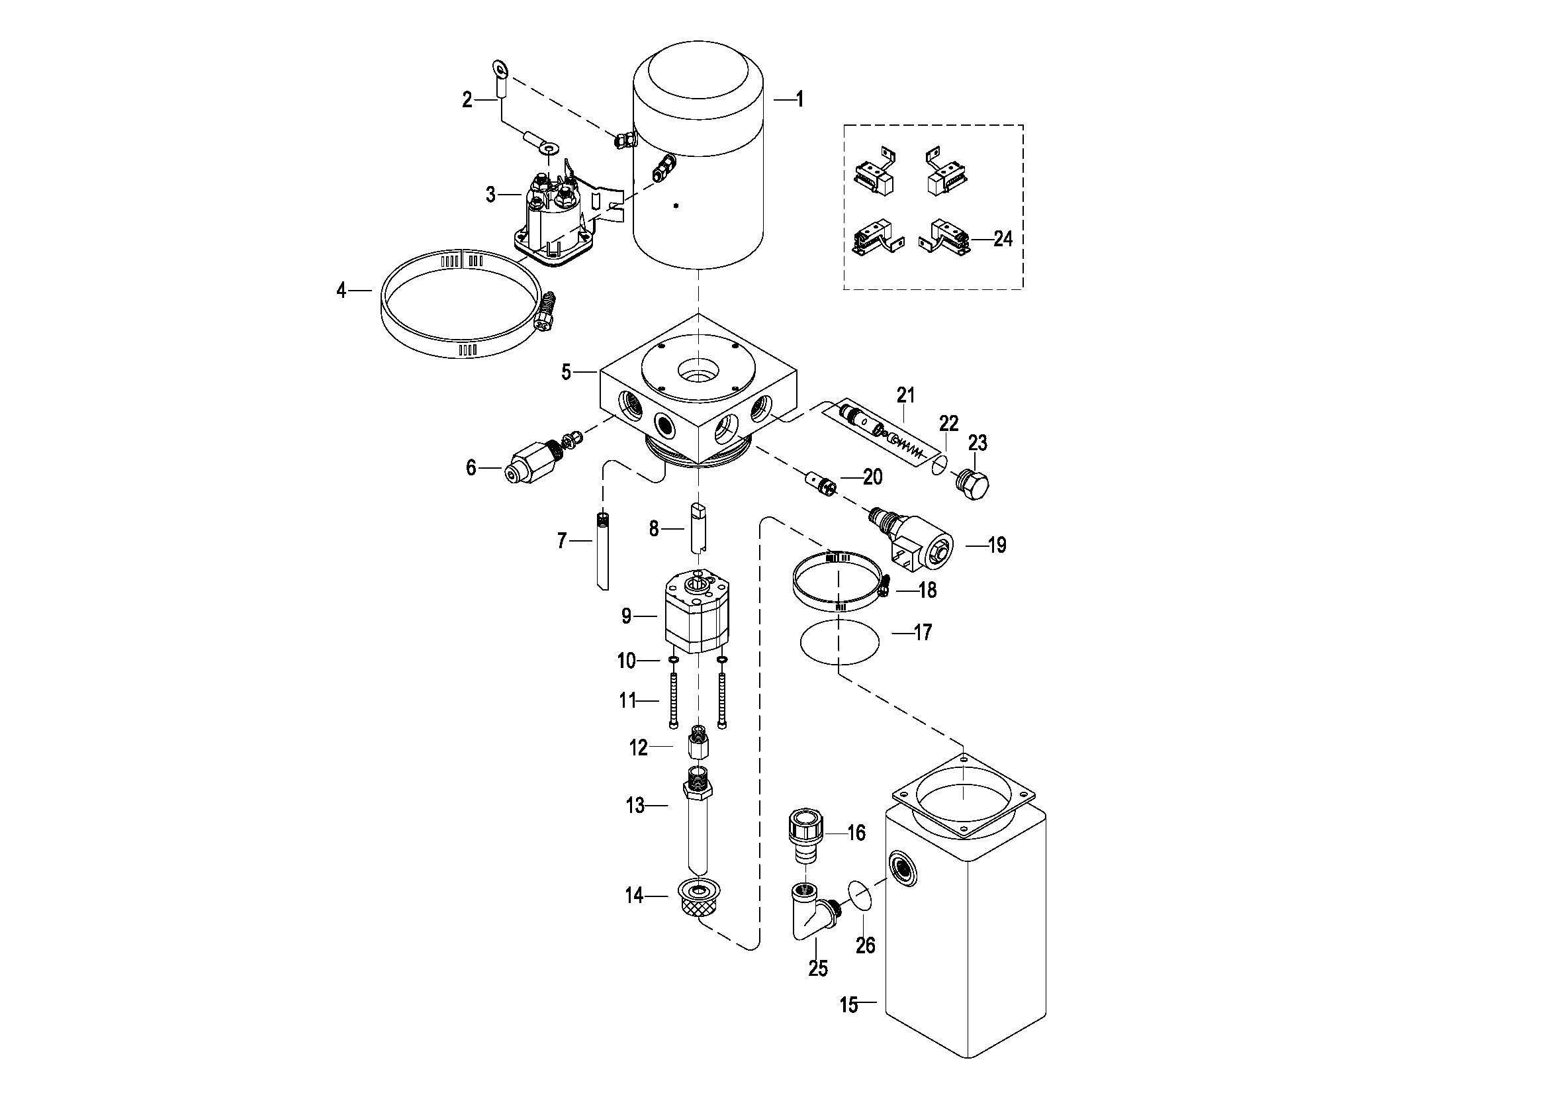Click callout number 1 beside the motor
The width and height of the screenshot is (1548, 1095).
click(799, 100)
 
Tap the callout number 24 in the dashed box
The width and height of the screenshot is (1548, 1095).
click(1003, 239)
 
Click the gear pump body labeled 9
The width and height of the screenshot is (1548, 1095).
click(696, 615)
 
